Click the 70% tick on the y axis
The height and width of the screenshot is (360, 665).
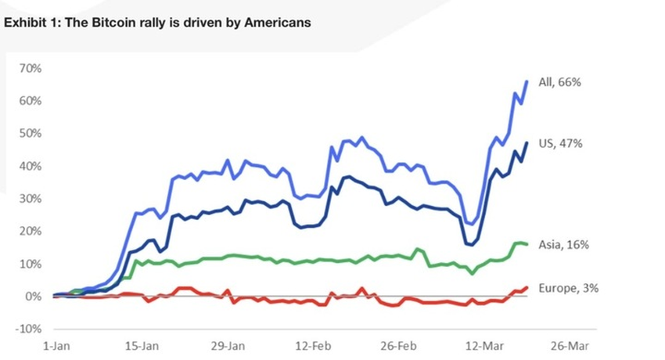coord(30,68)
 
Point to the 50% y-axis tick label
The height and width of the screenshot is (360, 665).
coord(30,133)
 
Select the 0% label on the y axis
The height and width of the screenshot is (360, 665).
coord(33,297)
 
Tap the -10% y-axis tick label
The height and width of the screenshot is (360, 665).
coord(28,329)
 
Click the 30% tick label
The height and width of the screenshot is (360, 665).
coord(30,199)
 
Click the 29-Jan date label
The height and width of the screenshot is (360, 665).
coord(228,345)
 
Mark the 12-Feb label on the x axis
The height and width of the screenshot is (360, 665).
coord(312,345)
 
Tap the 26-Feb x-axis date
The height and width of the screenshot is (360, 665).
coord(396,345)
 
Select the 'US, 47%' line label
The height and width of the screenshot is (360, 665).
coord(560,143)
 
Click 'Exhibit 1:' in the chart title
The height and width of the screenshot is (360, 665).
coord(32,23)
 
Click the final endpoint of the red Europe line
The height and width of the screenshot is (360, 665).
coord(527,287)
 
